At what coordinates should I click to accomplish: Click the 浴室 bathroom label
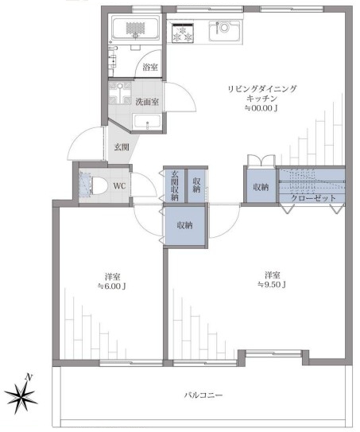click(x=150, y=67)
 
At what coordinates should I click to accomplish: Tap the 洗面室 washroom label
click(x=147, y=102)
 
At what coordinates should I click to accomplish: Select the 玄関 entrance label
click(x=122, y=147)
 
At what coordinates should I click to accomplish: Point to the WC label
click(x=119, y=186)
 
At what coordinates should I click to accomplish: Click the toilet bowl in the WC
click(x=99, y=186)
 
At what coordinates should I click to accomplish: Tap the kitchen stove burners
click(x=182, y=33)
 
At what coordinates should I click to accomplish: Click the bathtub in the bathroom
click(x=135, y=28)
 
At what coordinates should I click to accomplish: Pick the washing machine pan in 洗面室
click(x=119, y=93)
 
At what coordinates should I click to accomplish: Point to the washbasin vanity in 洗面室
click(x=147, y=122)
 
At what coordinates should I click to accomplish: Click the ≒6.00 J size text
click(x=112, y=286)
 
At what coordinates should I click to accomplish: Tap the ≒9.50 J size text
click(x=272, y=284)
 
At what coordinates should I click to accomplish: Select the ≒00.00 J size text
click(x=261, y=108)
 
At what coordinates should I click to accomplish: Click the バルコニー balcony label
click(x=203, y=395)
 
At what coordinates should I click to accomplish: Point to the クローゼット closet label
click(x=313, y=198)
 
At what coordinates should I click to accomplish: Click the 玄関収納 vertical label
click(x=175, y=185)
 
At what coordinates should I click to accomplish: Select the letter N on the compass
click(x=29, y=377)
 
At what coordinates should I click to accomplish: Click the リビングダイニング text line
click(x=262, y=89)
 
